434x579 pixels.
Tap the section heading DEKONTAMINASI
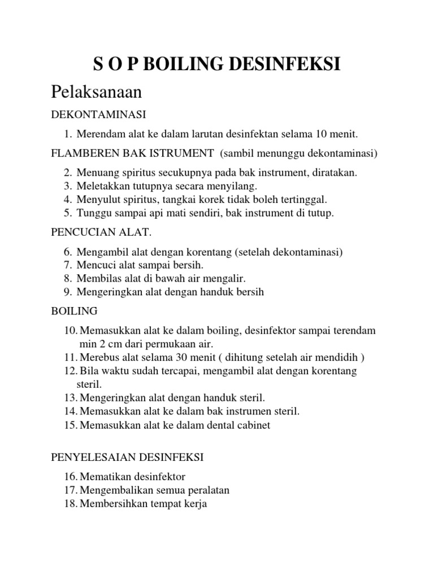coord(98,115)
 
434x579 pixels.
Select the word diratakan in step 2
coord(337,172)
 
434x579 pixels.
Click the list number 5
coord(67,213)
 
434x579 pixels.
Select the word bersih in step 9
coord(250,292)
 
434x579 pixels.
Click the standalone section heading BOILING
coord(74,311)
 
